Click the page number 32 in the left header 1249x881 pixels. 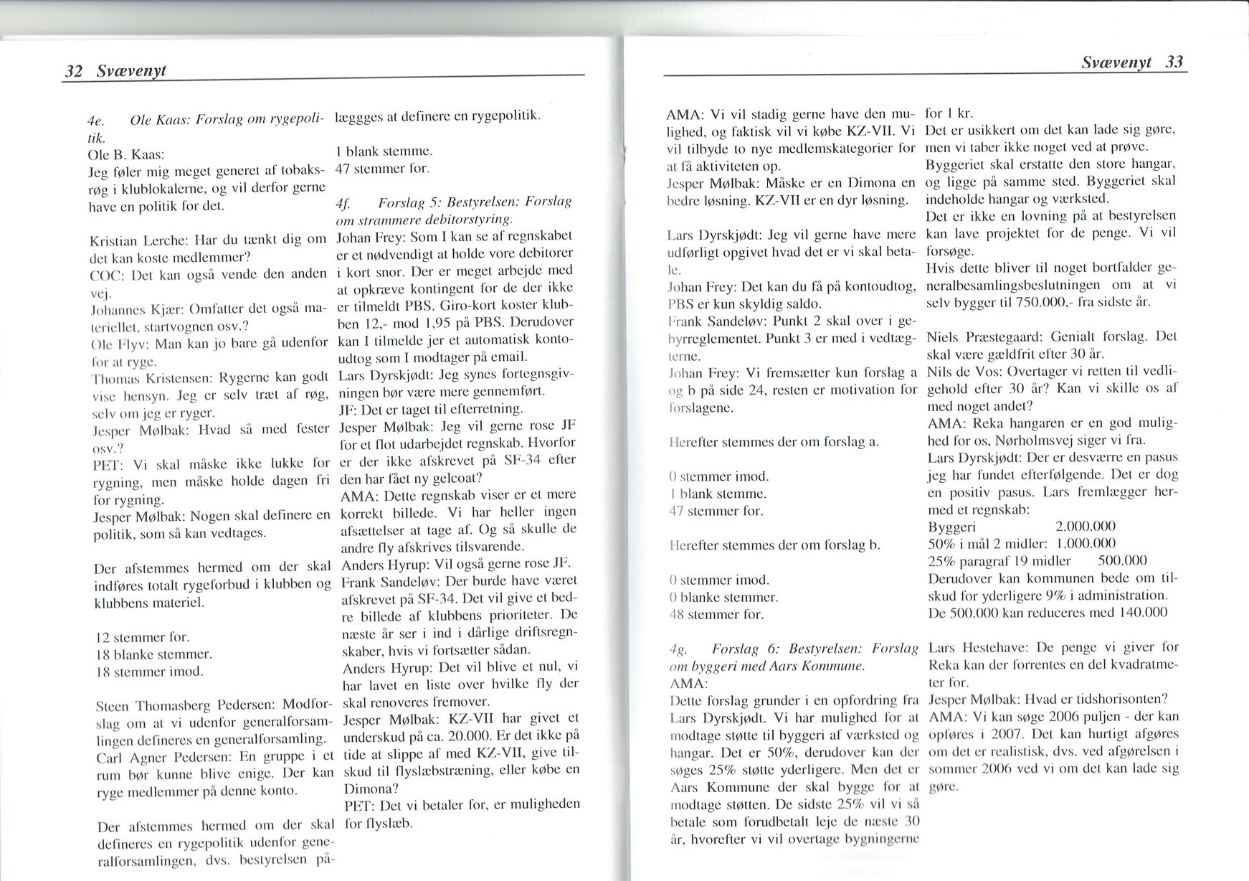(74, 71)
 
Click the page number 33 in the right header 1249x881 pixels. (1174, 62)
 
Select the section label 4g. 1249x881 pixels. (677, 648)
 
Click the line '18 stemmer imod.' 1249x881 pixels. (149, 672)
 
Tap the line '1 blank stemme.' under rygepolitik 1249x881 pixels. (384, 152)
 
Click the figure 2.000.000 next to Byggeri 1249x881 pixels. (1086, 527)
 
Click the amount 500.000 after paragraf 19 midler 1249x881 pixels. (1122, 561)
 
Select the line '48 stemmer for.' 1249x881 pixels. (716, 614)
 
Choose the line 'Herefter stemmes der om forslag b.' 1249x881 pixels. (773, 545)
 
